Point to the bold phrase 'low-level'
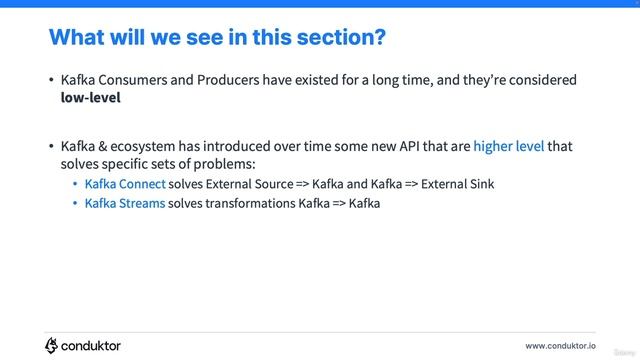coord(90,99)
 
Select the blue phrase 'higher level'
coord(509,146)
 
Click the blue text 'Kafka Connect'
coord(125,184)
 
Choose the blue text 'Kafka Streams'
coord(125,203)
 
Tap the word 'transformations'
coord(252,203)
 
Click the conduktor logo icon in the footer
coord(51,345)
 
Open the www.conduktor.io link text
coord(560,345)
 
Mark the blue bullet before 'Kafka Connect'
coord(75,185)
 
